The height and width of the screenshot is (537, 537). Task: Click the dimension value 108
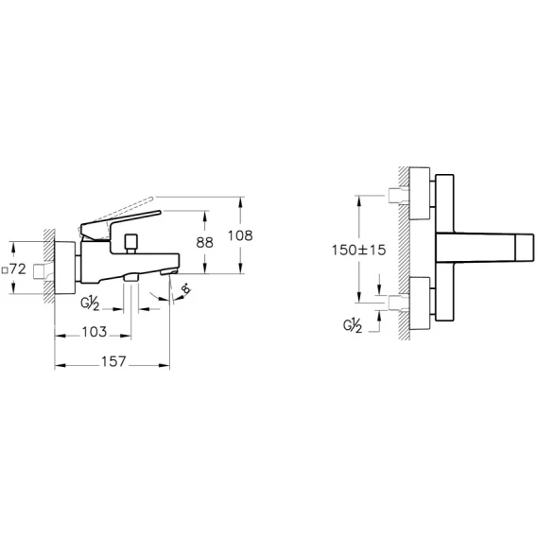click(240, 235)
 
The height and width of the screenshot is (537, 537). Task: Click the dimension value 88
click(205, 242)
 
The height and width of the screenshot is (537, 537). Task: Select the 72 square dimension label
click(14, 269)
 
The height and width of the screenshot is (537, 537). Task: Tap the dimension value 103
click(95, 332)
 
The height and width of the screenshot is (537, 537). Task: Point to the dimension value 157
click(113, 362)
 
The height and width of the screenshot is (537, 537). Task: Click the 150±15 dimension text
click(358, 250)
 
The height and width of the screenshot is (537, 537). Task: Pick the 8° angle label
click(185, 288)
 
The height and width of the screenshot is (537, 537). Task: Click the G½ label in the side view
click(90, 303)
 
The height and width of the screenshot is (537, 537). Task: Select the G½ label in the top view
click(353, 325)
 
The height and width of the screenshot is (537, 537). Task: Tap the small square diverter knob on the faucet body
click(131, 241)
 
